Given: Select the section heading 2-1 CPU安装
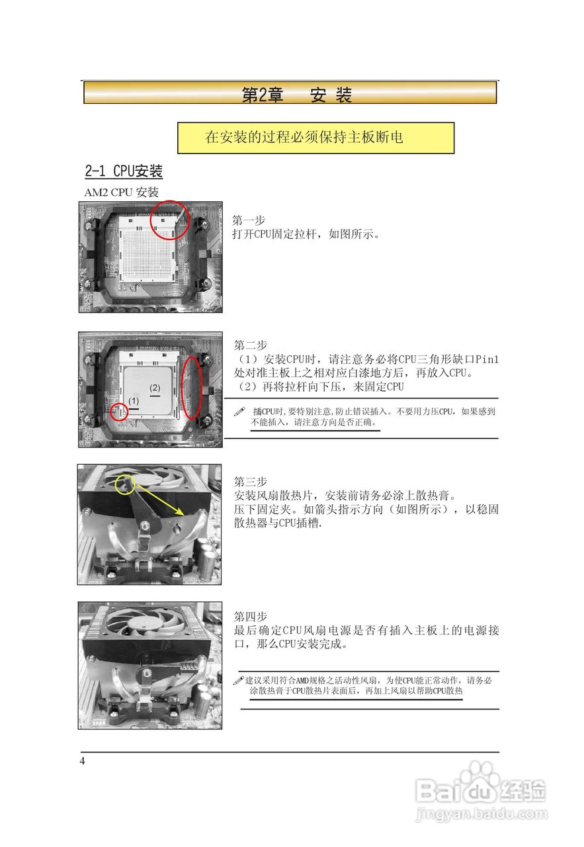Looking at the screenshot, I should [x=124, y=171].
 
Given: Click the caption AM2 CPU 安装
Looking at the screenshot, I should [x=120, y=193].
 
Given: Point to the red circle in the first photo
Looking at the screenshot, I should [x=171, y=220].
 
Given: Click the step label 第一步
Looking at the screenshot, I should [x=249, y=220].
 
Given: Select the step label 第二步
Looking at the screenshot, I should [x=251, y=345].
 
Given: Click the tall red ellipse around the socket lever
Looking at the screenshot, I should [x=192, y=388].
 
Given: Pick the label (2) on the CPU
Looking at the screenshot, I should [x=155, y=388].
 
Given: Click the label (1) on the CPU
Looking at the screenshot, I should [x=134, y=401].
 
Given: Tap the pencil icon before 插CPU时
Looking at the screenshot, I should [x=240, y=411].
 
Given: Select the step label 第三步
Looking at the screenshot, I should [x=251, y=481].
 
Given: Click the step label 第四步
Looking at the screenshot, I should [x=251, y=616].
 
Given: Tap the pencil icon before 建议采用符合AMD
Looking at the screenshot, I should [x=239, y=680].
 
